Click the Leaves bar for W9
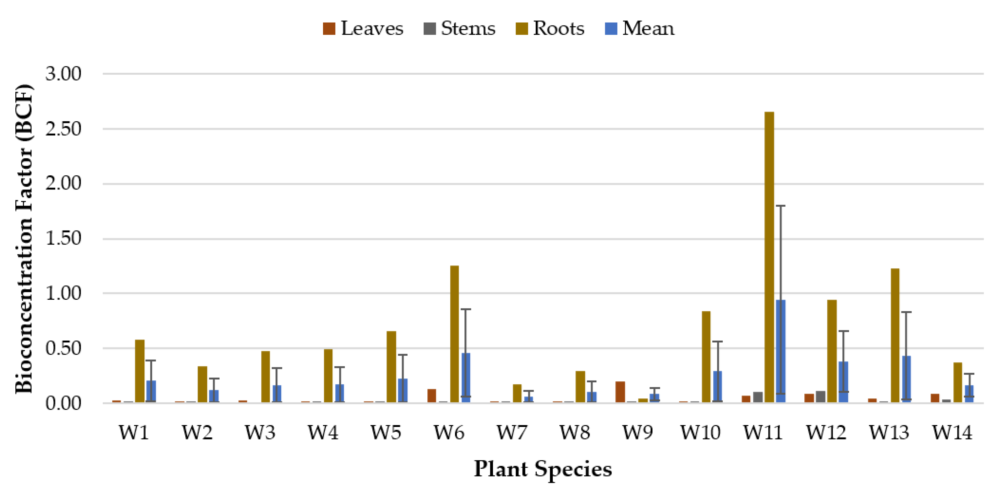pos(620,392)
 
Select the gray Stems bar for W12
pos(820,396)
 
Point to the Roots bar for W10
pos(706,357)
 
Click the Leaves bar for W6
pos(432,395)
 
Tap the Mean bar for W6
pos(466,377)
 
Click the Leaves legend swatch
pos(329,29)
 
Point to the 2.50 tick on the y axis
pos(63,129)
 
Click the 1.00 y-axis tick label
pos(63,293)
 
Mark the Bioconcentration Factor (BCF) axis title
pos(24,239)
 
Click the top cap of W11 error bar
pos(780,205)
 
